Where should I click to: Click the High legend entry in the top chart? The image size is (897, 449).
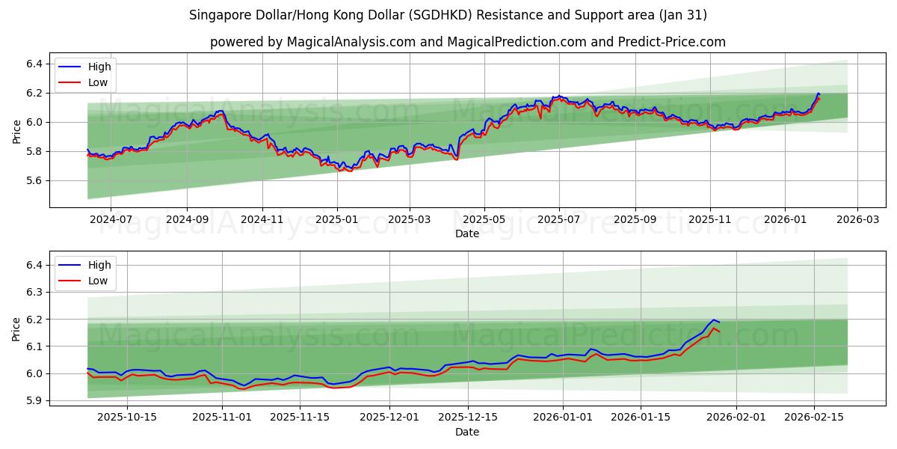point(99,67)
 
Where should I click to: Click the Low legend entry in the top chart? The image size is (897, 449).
point(97,82)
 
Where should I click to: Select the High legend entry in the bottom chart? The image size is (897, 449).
point(99,265)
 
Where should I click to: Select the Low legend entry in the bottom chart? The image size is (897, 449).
point(97,281)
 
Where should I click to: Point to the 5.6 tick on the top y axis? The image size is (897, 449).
point(33,180)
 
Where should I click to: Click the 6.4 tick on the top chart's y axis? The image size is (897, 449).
point(33,64)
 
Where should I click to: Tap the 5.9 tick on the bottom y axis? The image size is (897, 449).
point(33,400)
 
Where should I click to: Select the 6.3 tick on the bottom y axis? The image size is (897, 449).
point(33,292)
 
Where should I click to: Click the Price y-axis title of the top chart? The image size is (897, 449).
point(16,132)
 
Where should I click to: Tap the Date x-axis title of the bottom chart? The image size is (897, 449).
point(467,432)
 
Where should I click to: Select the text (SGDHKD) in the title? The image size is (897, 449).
point(436,15)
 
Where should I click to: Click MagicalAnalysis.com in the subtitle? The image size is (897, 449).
point(351,42)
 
